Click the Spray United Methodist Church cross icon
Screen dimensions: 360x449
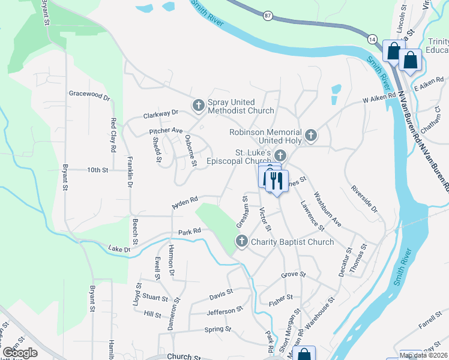point(199,106)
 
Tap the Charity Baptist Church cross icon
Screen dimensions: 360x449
point(241,242)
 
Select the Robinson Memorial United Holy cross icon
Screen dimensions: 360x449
point(311,136)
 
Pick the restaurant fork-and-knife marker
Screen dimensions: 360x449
point(276,181)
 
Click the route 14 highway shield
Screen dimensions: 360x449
point(372,38)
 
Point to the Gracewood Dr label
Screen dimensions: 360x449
point(89,95)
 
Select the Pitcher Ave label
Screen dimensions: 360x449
point(166,131)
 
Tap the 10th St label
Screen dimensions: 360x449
point(97,170)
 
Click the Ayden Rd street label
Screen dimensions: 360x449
point(184,202)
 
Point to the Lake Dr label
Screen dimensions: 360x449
point(119,248)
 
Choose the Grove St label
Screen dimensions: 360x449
point(294,275)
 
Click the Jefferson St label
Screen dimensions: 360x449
point(224,311)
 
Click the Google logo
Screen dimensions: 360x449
point(20,353)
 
